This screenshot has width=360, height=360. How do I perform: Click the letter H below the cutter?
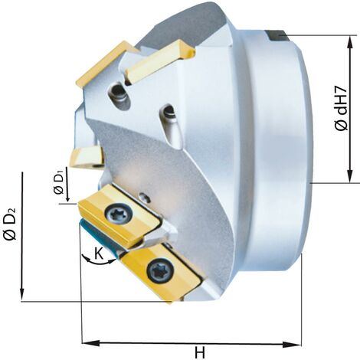199,352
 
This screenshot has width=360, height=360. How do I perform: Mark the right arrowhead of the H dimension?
298,342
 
